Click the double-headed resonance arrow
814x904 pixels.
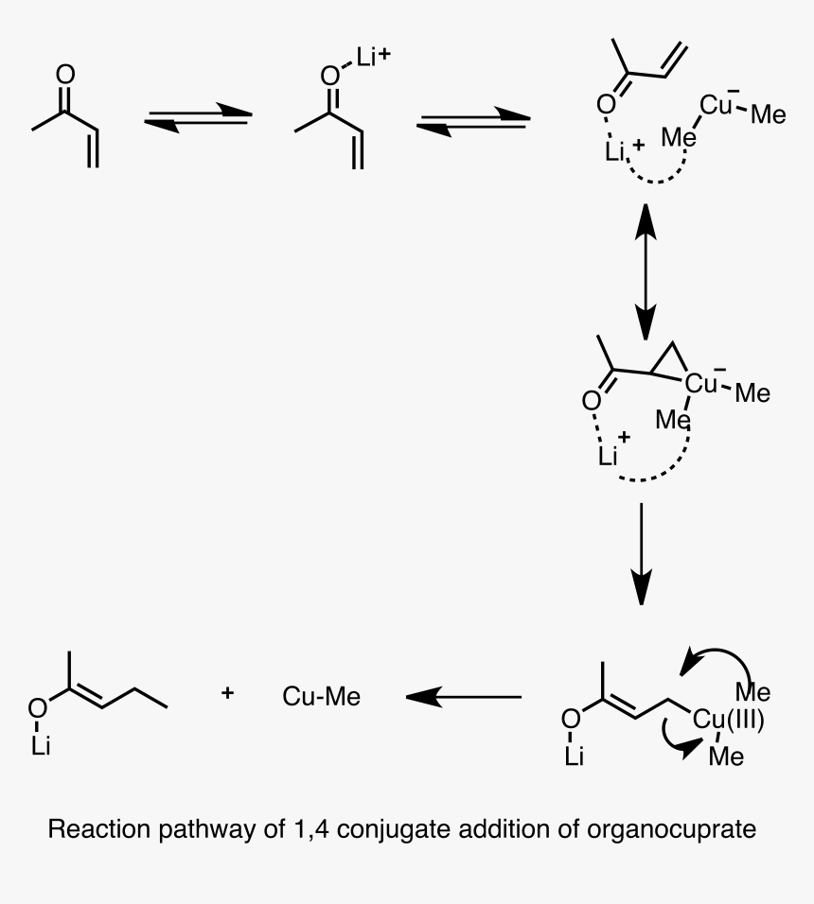point(645,270)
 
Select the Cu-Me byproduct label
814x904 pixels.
point(321,697)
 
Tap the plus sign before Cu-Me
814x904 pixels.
point(227,694)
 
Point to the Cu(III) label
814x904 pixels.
point(728,721)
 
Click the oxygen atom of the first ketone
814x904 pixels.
point(64,74)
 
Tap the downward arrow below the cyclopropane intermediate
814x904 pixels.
point(642,553)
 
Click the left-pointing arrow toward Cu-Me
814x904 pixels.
point(463,697)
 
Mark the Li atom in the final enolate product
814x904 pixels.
point(40,746)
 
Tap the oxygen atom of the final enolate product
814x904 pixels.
point(37,706)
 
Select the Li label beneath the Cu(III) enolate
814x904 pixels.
point(575,756)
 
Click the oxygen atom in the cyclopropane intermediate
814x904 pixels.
point(591,401)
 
